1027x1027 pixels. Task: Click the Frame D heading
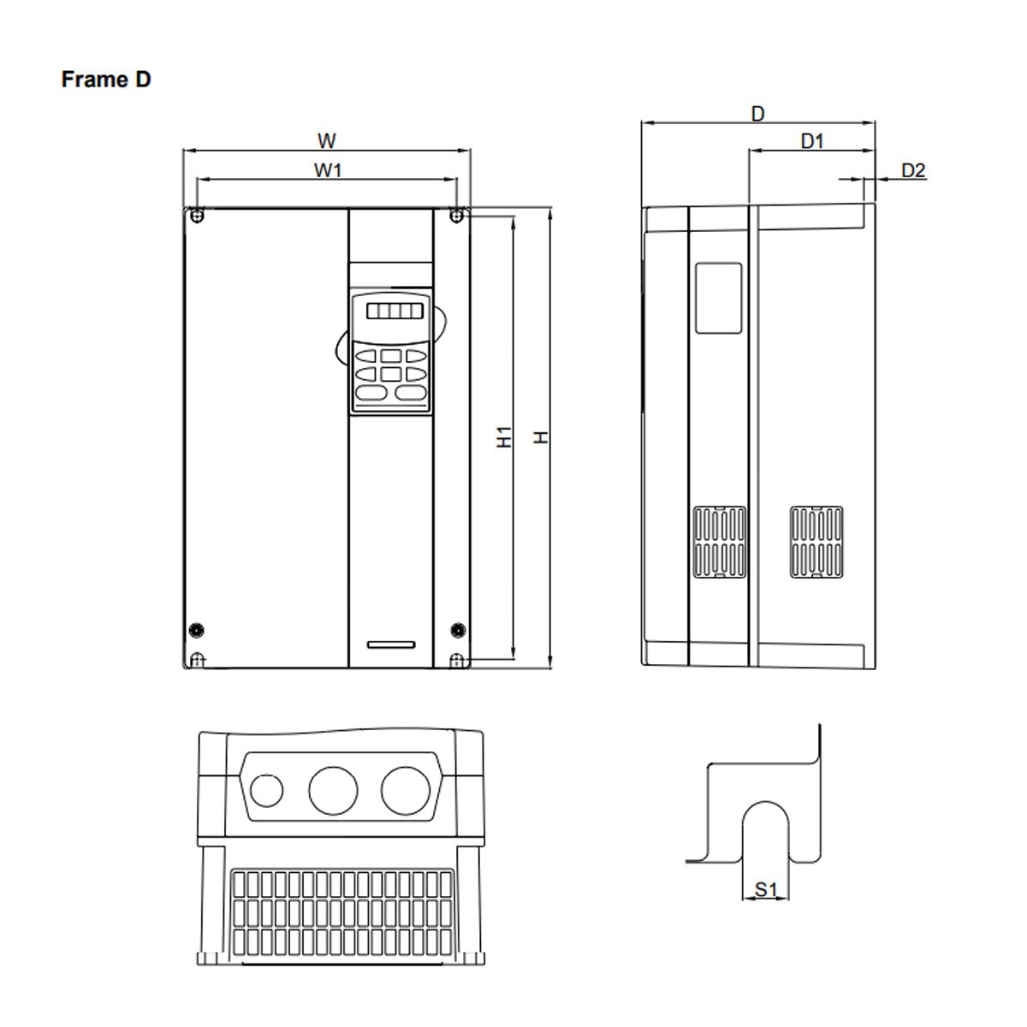tap(106, 80)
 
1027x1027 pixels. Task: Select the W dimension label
tap(327, 140)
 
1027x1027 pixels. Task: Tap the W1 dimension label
tap(327, 169)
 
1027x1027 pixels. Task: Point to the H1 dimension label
tap(505, 436)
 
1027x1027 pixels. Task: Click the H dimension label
tap(541, 437)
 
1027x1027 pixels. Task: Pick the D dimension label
tap(757, 113)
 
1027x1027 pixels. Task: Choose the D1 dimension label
tap(811, 141)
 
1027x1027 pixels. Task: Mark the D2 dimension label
tap(913, 170)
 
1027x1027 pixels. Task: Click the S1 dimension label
tap(765, 890)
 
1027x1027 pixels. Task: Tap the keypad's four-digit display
tap(395, 312)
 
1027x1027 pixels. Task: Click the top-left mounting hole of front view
tap(198, 215)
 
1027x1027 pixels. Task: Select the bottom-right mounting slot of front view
tap(457, 660)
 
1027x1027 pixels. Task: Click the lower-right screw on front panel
tap(457, 629)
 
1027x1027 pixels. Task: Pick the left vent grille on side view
tap(719, 542)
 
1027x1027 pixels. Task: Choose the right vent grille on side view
tap(816, 542)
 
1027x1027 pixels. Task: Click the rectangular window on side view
tap(718, 298)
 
